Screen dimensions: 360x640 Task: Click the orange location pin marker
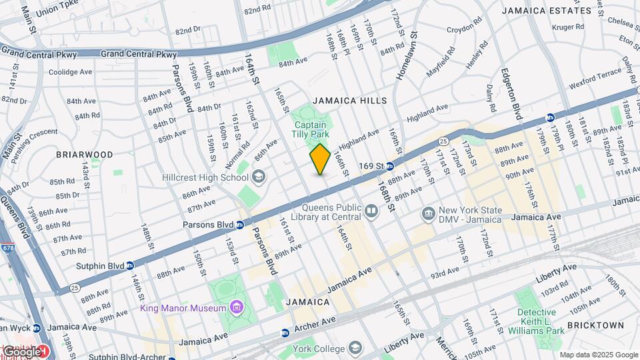coord(320,159)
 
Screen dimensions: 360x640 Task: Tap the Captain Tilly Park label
coord(311,129)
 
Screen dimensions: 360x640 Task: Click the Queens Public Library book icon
coord(371,211)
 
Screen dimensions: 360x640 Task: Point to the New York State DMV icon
coord(429,213)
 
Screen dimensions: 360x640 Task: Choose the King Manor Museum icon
coord(235,307)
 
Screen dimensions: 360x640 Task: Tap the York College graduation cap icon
coord(355,348)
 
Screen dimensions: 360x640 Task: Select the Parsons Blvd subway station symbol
coord(239,225)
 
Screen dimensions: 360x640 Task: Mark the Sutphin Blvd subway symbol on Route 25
coord(131,265)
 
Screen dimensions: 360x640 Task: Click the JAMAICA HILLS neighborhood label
coord(349,101)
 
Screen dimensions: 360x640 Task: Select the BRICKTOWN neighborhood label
coord(595,325)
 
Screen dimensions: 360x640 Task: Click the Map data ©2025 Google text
coord(598,355)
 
